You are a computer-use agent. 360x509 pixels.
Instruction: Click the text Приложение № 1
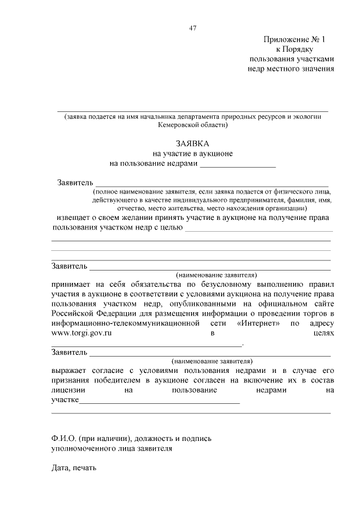pos(294,39)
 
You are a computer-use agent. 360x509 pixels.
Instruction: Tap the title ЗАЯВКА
pos(192,143)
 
